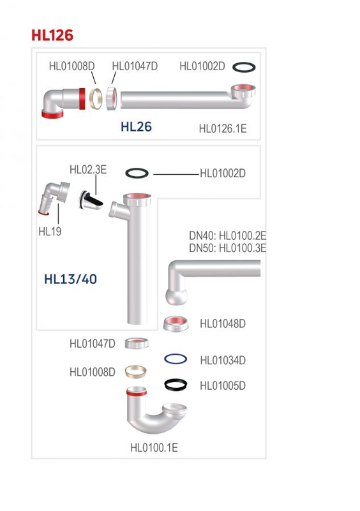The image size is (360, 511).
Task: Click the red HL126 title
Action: click(52, 35)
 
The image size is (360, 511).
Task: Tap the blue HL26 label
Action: click(136, 126)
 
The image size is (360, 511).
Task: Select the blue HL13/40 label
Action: click(70, 279)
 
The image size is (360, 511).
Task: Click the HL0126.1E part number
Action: click(223, 128)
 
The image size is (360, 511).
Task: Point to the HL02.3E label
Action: click(88, 170)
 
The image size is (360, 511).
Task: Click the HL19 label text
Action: click(50, 232)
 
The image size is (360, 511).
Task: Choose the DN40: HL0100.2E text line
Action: click(228, 235)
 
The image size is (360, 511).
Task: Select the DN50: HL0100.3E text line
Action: click(228, 248)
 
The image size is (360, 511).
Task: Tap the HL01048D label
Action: click(223, 323)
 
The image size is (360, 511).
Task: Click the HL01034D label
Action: click(223, 360)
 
